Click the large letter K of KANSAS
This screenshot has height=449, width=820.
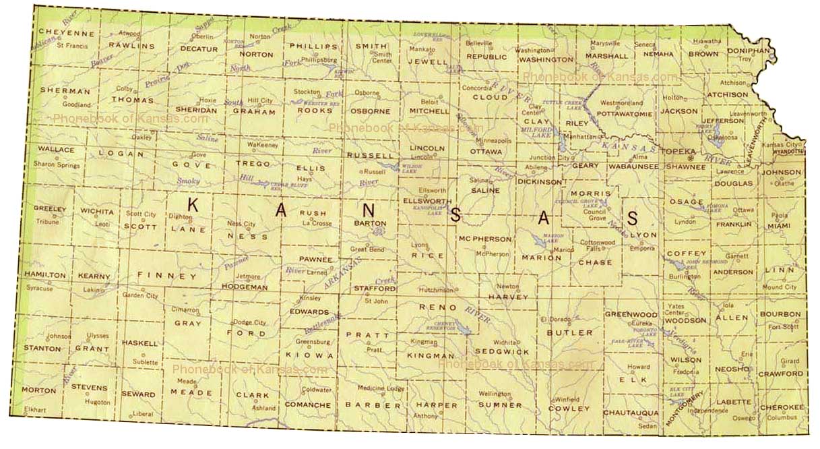point(193,206)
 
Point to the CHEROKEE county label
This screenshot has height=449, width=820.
point(782,407)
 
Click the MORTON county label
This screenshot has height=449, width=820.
point(38,390)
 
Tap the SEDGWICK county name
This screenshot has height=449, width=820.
point(502,352)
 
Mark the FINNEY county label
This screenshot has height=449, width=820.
point(167,276)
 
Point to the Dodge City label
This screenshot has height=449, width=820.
point(249,322)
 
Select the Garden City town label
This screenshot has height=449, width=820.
point(140,295)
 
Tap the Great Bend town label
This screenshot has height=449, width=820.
point(367,249)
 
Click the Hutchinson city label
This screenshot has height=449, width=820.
point(435,290)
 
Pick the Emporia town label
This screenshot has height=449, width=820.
point(641,248)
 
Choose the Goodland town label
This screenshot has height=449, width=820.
point(76,104)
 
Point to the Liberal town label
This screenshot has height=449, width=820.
point(142,413)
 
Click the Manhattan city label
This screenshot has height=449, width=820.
point(581,136)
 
